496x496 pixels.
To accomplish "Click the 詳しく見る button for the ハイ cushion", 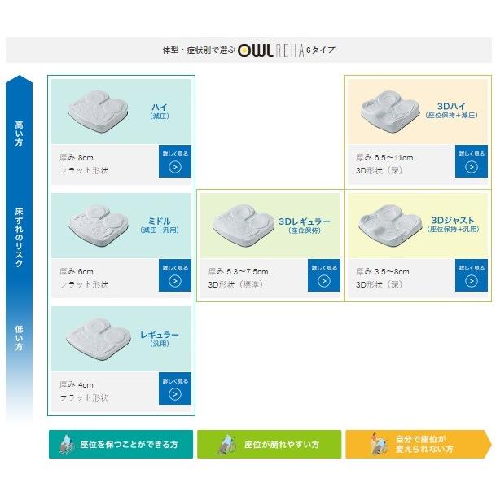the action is pos(175,161).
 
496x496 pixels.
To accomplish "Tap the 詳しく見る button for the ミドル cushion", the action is pos(175,275).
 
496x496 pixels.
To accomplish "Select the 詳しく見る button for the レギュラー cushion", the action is pos(175,388).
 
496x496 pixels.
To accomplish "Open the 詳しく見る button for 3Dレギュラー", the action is pos(323,275).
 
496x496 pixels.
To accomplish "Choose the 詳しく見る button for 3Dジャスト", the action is pos(472,275).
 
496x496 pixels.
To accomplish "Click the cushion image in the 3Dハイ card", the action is pos(388,110).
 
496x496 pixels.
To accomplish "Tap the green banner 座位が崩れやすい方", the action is pos(270,445).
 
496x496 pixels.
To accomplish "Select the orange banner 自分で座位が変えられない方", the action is pos(418,445).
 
